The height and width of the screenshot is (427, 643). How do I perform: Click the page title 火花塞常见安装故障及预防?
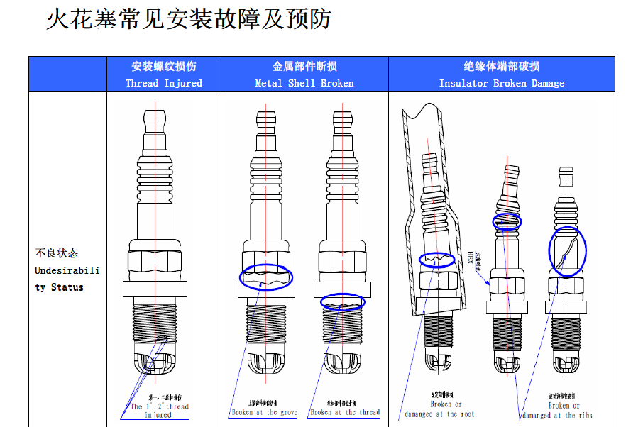188,19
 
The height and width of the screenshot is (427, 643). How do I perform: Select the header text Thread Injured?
163,83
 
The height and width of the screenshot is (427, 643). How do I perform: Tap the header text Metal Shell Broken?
304,83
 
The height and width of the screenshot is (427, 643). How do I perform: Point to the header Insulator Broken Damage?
501,83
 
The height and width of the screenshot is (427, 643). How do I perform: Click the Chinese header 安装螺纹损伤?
163,66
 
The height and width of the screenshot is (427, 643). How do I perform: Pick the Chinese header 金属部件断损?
304,66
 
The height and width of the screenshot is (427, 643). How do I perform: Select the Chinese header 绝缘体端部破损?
501,66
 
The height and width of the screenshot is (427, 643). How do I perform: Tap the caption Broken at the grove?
264,412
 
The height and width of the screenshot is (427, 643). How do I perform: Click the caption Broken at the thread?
345,412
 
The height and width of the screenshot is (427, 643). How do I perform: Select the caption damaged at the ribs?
557,415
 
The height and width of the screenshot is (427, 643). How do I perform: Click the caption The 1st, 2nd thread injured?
159,410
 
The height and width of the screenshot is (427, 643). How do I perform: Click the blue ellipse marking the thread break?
344,302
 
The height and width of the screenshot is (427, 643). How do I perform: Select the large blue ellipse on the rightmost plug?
567,251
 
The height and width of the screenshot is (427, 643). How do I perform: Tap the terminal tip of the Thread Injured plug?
155,116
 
